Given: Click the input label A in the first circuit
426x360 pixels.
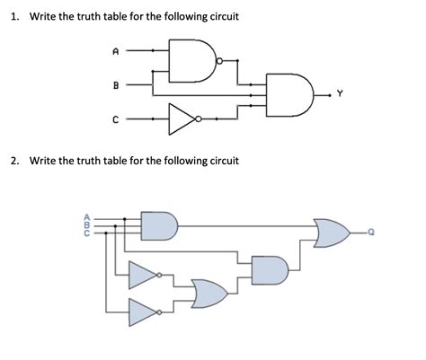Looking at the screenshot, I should [x=115, y=52].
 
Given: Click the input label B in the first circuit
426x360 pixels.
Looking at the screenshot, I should [x=115, y=86].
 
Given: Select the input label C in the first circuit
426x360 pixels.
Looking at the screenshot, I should [x=115, y=117].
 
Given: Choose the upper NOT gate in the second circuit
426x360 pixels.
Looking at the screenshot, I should [x=144, y=276].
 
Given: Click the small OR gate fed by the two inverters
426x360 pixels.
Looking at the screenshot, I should [x=209, y=293].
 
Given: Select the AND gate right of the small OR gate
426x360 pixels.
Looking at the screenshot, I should [x=271, y=269].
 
